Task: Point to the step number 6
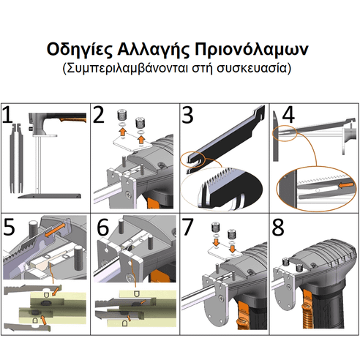coord(100,227)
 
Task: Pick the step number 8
coord(279,227)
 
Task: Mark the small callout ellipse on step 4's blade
coord(283,131)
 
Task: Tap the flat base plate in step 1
coord(49,196)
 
